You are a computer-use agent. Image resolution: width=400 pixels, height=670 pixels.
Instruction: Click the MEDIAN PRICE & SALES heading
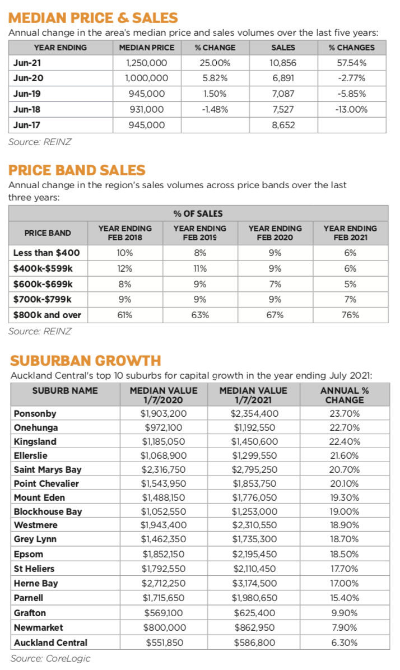tap(93, 18)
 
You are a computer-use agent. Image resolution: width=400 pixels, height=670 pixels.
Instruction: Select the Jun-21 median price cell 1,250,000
tap(147, 62)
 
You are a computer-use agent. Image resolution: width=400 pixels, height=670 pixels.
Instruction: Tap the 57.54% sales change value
tap(351, 62)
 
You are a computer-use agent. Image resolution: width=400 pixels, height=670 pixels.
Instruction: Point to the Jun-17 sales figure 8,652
tap(283, 125)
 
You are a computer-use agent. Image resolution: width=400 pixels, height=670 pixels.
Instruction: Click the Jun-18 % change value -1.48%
tap(215, 109)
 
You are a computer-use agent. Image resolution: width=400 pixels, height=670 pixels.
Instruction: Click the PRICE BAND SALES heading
tap(77, 170)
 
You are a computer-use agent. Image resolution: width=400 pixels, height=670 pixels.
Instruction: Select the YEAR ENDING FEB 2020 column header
tap(275, 232)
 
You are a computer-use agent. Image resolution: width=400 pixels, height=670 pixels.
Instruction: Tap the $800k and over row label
tap(47, 315)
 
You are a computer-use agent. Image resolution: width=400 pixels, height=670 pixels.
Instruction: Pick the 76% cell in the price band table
tap(350, 315)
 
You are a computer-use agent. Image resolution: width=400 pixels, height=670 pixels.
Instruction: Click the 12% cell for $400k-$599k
tap(125, 268)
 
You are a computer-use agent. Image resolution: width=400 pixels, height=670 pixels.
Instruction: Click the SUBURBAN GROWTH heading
tap(85, 360)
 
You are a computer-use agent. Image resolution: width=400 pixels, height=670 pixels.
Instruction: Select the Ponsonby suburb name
tap(35, 414)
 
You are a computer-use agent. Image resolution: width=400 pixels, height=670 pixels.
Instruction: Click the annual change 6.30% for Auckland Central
tap(345, 643)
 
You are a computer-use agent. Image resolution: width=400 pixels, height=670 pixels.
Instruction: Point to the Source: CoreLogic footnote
tap(50, 658)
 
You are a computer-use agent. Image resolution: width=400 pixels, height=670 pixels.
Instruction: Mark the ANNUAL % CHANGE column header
tap(345, 396)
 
